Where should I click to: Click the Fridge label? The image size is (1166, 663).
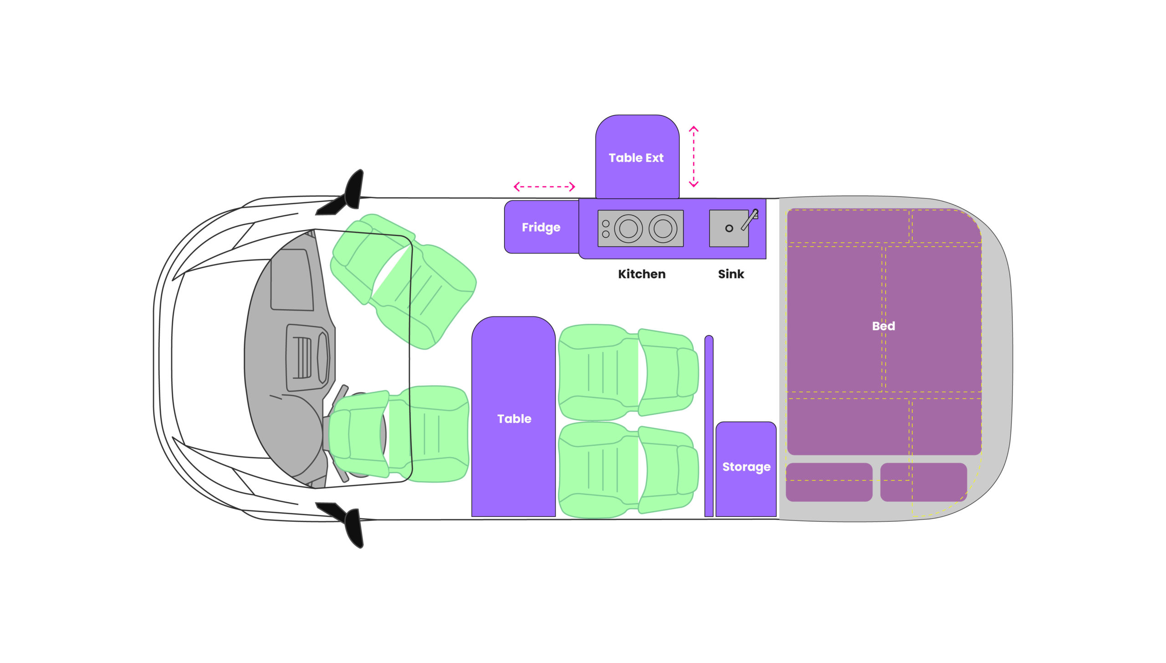coord(541,227)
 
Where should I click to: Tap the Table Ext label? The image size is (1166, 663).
coord(636,158)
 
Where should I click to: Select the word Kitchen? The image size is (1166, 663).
coord(642,274)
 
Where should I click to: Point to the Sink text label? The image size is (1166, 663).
coord(731,274)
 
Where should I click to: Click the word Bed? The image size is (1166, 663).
coord(884,326)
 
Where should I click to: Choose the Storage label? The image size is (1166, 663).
coord(747,467)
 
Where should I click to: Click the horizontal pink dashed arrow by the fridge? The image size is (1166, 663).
coord(544,187)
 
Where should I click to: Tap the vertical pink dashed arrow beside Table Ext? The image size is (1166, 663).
coord(694,157)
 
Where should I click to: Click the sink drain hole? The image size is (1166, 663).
coord(729,228)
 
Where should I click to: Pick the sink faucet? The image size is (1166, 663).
coord(750,219)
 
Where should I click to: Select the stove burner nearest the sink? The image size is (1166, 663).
coord(663,228)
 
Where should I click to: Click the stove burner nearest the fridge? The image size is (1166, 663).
coord(629,228)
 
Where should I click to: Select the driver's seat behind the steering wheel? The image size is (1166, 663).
coord(399,434)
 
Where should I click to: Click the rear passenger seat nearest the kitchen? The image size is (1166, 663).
coord(629,372)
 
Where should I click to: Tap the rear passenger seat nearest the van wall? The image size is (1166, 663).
coord(629,470)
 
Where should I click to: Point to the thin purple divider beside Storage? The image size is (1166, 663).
coord(709,426)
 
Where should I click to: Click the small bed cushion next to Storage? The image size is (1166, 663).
coord(829,482)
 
